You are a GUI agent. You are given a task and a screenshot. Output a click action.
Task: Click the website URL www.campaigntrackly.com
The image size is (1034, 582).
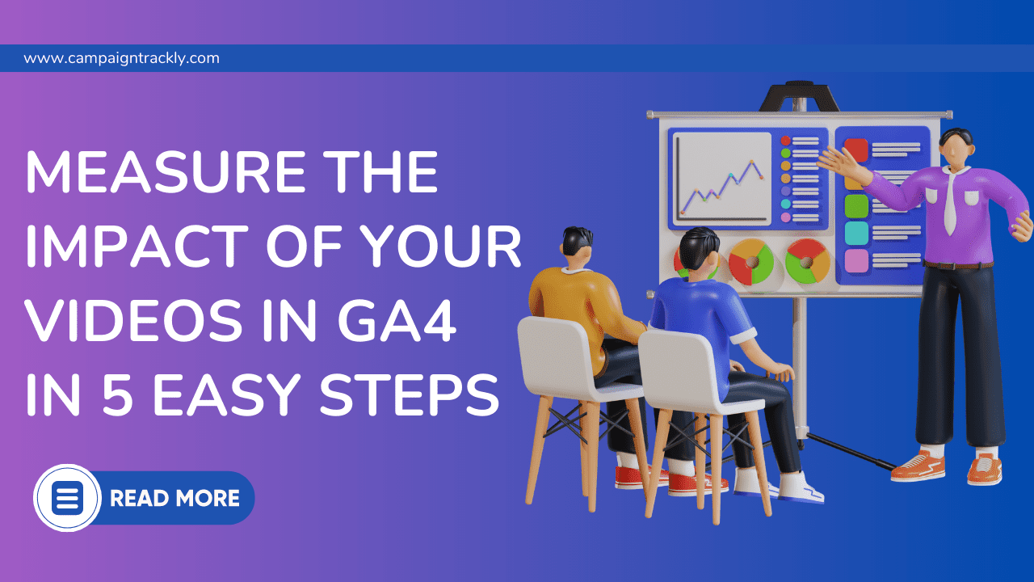click(121, 58)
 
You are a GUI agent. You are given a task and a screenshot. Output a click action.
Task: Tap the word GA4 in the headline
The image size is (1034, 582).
click(397, 319)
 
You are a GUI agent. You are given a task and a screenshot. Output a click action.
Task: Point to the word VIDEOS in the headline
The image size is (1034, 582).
click(134, 319)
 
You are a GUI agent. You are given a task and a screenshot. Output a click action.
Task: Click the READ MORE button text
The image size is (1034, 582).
click(174, 498)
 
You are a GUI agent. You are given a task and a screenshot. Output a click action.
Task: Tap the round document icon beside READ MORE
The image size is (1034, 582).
click(67, 497)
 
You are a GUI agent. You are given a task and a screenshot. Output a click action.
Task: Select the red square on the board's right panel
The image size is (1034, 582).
click(856, 150)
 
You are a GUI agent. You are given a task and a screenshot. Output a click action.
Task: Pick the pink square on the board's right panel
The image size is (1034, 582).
click(856, 261)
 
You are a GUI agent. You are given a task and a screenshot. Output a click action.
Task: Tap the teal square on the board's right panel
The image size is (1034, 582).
click(856, 234)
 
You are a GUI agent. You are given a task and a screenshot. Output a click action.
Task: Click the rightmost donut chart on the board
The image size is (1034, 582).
click(808, 261)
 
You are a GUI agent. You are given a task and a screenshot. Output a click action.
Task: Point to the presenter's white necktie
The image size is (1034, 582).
click(950, 201)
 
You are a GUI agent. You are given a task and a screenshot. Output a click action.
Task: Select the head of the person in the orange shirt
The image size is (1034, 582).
click(577, 247)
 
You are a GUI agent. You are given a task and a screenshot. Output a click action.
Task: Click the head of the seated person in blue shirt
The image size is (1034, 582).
click(700, 253)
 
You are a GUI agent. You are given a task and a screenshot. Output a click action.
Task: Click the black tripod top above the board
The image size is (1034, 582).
click(799, 96)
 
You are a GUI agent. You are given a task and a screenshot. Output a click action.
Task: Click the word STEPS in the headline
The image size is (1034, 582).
click(409, 394)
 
